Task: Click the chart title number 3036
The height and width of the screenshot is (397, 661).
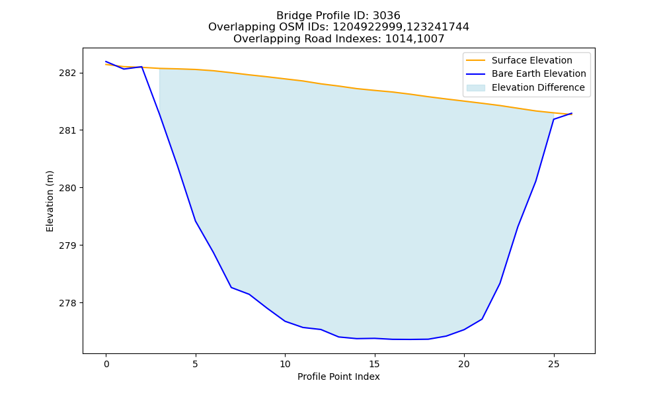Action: [x=386, y=16]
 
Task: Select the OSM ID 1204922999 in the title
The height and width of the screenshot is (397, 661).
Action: [x=368, y=27]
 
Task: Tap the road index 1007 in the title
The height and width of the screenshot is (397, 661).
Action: [x=430, y=39]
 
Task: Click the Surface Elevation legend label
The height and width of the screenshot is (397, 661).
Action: [x=531, y=60]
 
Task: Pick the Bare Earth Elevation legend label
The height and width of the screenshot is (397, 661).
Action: [x=539, y=74]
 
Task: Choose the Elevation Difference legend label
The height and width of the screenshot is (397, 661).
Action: [x=538, y=87]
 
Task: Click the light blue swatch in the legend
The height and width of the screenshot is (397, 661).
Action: [x=475, y=88]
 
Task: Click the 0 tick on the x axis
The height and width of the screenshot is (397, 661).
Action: [x=106, y=364]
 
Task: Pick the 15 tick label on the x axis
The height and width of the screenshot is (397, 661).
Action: [x=374, y=364]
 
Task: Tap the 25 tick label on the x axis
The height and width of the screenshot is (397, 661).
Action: [x=553, y=364]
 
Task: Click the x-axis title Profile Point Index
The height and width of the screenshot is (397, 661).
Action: [x=338, y=376]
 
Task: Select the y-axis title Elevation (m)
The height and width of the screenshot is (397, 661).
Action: [x=50, y=201]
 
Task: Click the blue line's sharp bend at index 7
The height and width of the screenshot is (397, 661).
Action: [x=231, y=287]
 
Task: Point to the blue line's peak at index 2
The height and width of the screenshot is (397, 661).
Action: [x=141, y=67]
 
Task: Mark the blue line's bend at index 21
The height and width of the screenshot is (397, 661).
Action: [x=482, y=319]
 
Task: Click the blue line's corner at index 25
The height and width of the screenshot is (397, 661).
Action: [x=553, y=119]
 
